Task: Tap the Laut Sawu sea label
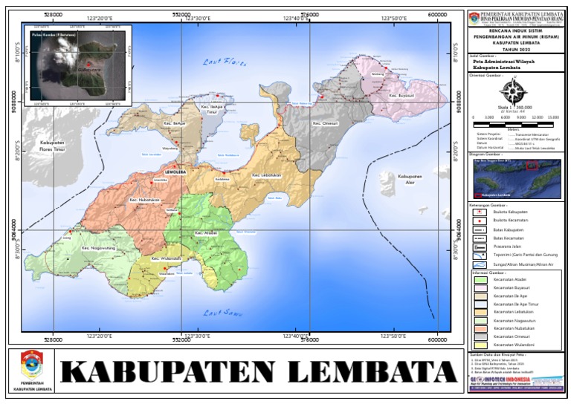pyautogui.click(x=219, y=312)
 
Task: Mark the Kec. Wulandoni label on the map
pyautogui.click(x=167, y=258)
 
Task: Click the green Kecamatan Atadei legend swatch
pyautogui.click(x=480, y=279)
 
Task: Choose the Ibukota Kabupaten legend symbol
pyautogui.click(x=480, y=211)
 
